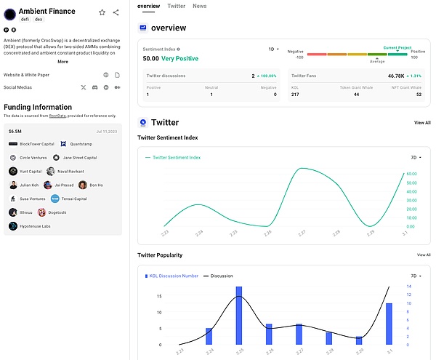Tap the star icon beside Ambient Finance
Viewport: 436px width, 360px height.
(x=102, y=12)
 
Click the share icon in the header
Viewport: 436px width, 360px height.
(x=116, y=12)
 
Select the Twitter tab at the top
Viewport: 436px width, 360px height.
(x=176, y=6)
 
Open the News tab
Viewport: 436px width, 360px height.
(x=199, y=6)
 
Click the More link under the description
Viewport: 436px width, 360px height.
(x=62, y=62)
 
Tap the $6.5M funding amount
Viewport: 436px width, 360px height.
(x=15, y=131)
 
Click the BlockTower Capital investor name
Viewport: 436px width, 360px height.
(x=36, y=144)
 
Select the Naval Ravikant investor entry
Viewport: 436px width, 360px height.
(x=73, y=172)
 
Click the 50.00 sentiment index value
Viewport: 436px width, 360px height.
(x=151, y=58)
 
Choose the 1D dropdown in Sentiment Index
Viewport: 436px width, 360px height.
(x=273, y=49)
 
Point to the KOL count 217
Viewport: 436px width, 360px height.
(x=296, y=95)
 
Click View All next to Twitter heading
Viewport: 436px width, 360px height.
(x=422, y=123)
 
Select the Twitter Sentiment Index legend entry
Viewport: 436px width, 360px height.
(x=177, y=157)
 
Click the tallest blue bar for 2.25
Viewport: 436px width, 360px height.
(x=239, y=316)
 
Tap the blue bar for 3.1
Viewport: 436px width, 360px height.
(x=389, y=324)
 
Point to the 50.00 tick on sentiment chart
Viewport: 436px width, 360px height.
(x=411, y=174)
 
